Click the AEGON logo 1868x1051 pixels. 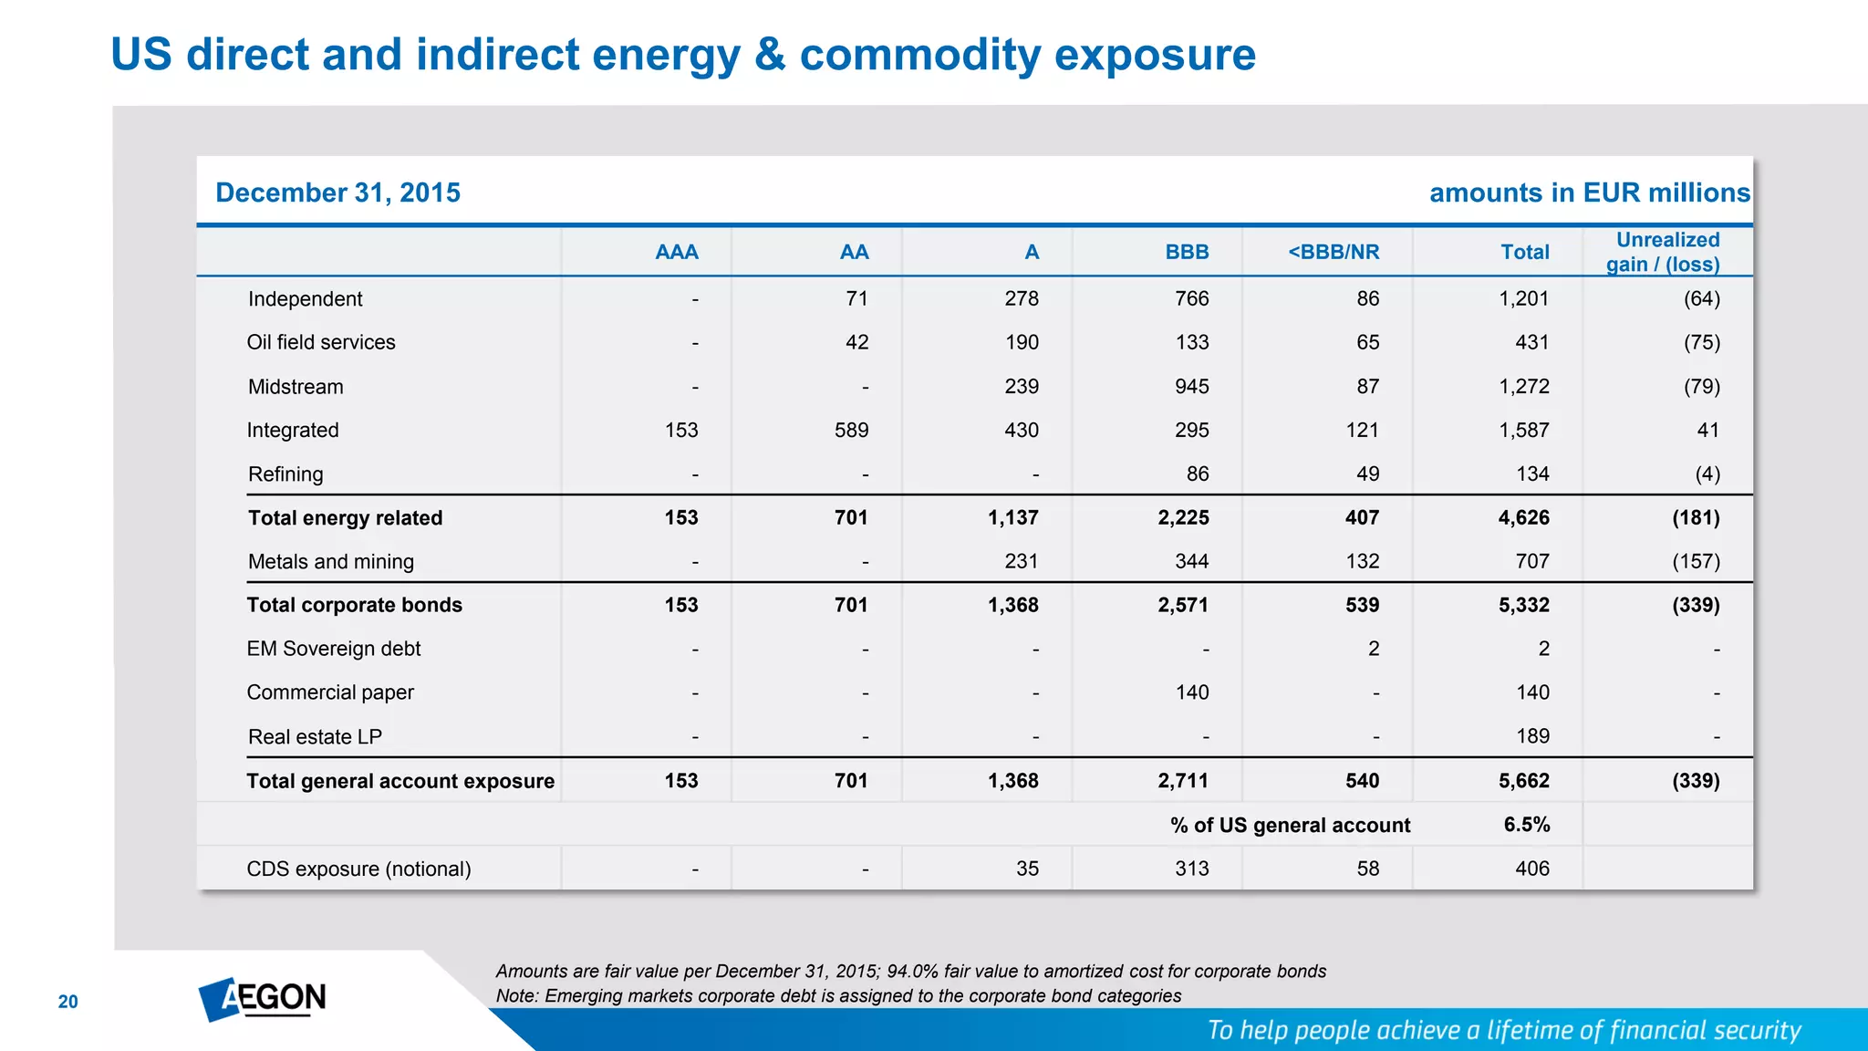click(263, 999)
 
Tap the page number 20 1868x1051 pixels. click(68, 1002)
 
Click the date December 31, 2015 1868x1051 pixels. click(337, 193)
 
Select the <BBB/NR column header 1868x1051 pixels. click(1333, 252)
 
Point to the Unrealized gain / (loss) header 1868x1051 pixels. click(1665, 252)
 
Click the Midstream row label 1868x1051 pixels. click(296, 387)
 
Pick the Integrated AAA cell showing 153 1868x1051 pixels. click(680, 431)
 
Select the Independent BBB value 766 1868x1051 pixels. click(1191, 299)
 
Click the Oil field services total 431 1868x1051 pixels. click(1531, 343)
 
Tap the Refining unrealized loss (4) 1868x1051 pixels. click(1707, 474)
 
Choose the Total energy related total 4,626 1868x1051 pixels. click(1523, 518)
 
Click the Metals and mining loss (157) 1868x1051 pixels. click(1696, 562)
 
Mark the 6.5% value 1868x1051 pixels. click(1526, 825)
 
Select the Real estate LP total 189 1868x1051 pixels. click(1532, 736)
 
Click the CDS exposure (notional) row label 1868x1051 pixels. click(358, 869)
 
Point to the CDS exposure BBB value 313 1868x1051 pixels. click(1191, 869)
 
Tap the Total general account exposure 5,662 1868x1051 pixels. click(1523, 781)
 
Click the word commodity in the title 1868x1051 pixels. click(919, 55)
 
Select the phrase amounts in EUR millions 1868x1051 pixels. click(1589, 193)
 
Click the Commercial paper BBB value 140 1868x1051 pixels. click(1191, 692)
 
